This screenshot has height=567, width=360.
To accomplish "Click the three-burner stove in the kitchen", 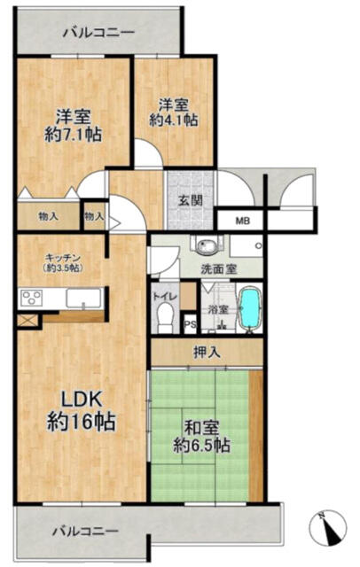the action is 31,299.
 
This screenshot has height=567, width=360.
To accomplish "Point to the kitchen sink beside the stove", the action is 83,299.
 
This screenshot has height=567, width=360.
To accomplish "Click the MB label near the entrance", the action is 243,221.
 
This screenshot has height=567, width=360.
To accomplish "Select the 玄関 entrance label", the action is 190,201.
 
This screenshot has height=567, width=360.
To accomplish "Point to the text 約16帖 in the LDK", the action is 82,422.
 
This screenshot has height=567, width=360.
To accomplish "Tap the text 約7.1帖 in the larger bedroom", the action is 73,135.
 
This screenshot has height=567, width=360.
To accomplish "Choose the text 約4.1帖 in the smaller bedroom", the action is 174,120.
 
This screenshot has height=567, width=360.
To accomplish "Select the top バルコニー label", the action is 98,33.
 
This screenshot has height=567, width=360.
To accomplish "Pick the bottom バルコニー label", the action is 86,532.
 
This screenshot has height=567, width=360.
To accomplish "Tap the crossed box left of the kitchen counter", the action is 27,320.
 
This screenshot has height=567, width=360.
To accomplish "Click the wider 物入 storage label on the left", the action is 48,216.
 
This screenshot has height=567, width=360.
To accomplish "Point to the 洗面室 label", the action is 219,269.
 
